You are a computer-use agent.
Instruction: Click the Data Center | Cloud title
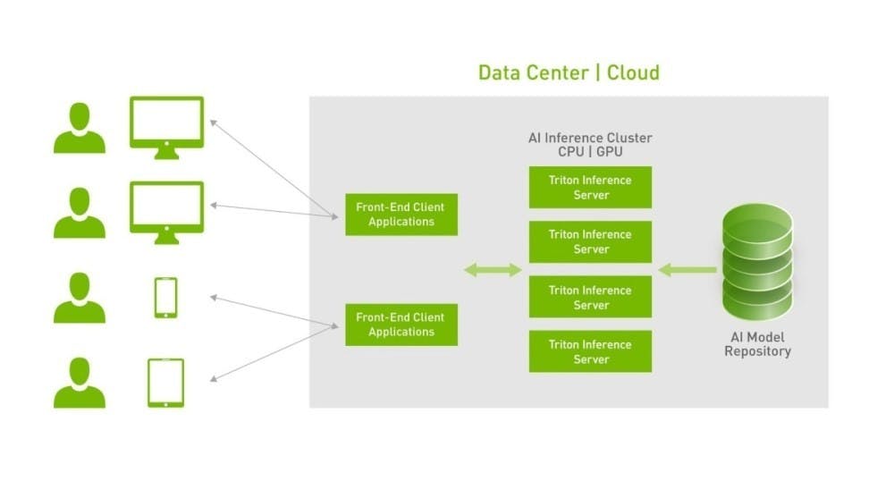pyautogui.click(x=569, y=72)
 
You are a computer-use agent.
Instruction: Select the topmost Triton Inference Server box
pyautogui.click(x=590, y=187)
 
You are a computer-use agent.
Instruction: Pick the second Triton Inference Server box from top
pyautogui.click(x=590, y=241)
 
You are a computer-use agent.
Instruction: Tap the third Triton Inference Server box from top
pyautogui.click(x=590, y=297)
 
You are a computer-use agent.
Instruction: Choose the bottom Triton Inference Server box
pyautogui.click(x=590, y=351)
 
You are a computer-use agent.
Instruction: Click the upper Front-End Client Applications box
pyautogui.click(x=401, y=215)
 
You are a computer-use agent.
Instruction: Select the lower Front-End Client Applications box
pyautogui.click(x=401, y=325)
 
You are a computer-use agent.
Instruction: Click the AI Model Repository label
pyautogui.click(x=757, y=344)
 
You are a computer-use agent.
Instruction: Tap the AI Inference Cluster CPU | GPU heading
pyautogui.click(x=590, y=145)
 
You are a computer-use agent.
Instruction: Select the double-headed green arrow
pyautogui.click(x=492, y=269)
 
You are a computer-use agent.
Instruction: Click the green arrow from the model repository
pyautogui.click(x=687, y=269)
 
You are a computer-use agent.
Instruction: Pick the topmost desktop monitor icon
pyautogui.click(x=166, y=125)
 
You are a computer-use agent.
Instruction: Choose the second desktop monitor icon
pyautogui.click(x=166, y=210)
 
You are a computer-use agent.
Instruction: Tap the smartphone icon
pyautogui.click(x=165, y=297)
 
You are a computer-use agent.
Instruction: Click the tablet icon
pyautogui.click(x=165, y=383)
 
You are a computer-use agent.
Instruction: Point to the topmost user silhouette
pyautogui.click(x=79, y=129)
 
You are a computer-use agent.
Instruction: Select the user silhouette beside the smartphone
pyautogui.click(x=79, y=299)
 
